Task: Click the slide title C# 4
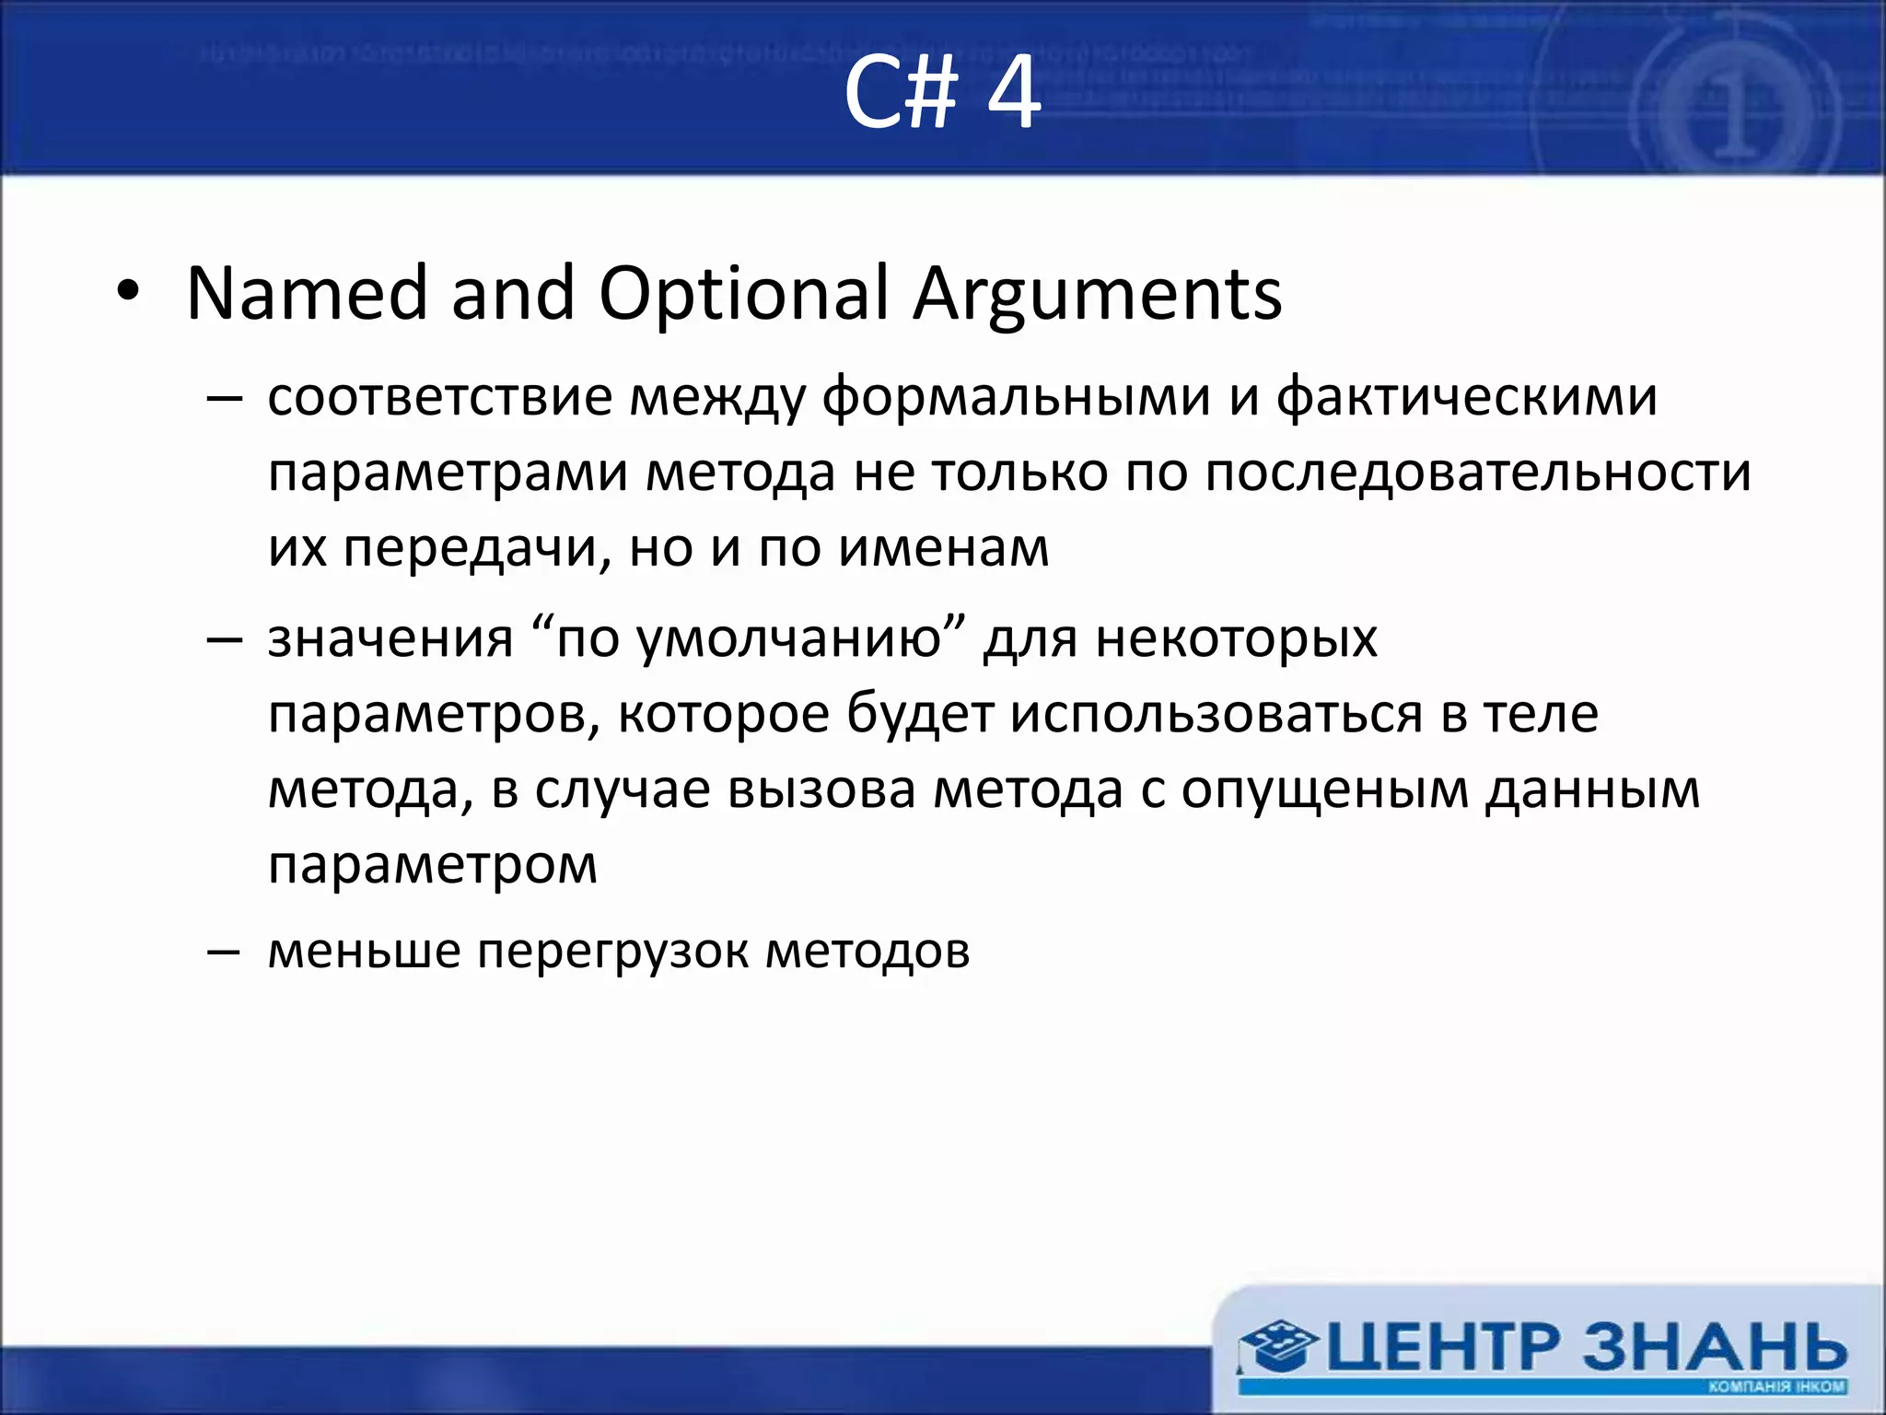942,92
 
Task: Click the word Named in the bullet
307,295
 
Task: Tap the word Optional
744,295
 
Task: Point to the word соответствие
440,398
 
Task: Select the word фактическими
1466,398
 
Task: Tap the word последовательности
1477,474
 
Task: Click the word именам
944,549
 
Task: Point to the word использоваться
1216,715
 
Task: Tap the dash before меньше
224,951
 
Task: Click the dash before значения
224,638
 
